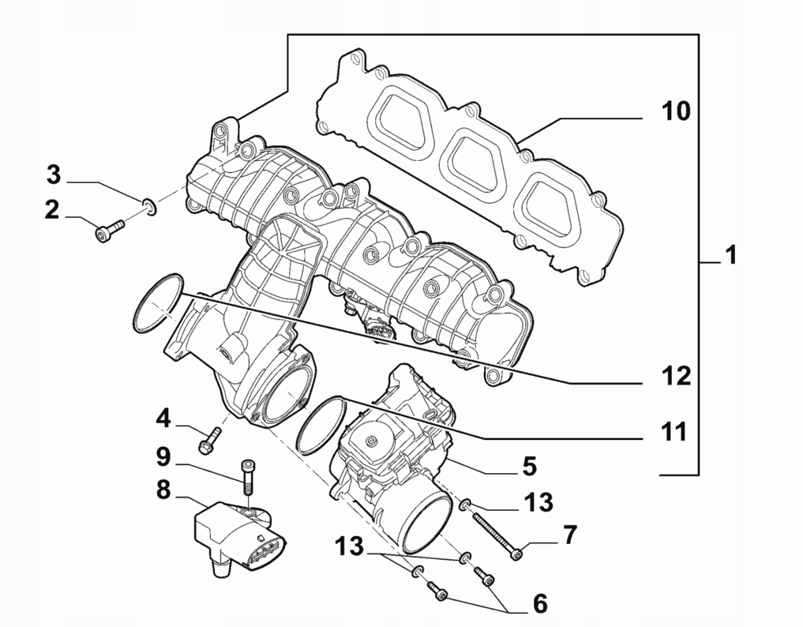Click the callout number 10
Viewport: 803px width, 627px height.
[x=675, y=111]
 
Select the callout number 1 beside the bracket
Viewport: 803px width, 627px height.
[x=731, y=255]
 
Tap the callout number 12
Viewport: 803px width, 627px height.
[x=676, y=376]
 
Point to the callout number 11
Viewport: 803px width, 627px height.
[x=674, y=431]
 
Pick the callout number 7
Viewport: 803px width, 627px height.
[x=569, y=535]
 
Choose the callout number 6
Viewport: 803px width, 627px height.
[x=540, y=604]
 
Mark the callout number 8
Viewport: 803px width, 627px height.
[x=163, y=490]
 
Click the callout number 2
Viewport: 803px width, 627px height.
[x=52, y=210]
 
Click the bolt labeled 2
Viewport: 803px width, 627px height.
[x=109, y=230]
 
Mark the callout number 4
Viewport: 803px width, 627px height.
[x=163, y=416]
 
